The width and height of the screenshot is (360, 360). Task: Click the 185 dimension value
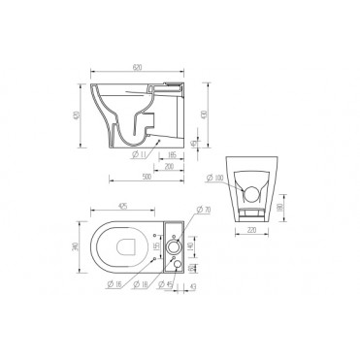172,153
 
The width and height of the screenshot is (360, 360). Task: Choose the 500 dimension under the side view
143,179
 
